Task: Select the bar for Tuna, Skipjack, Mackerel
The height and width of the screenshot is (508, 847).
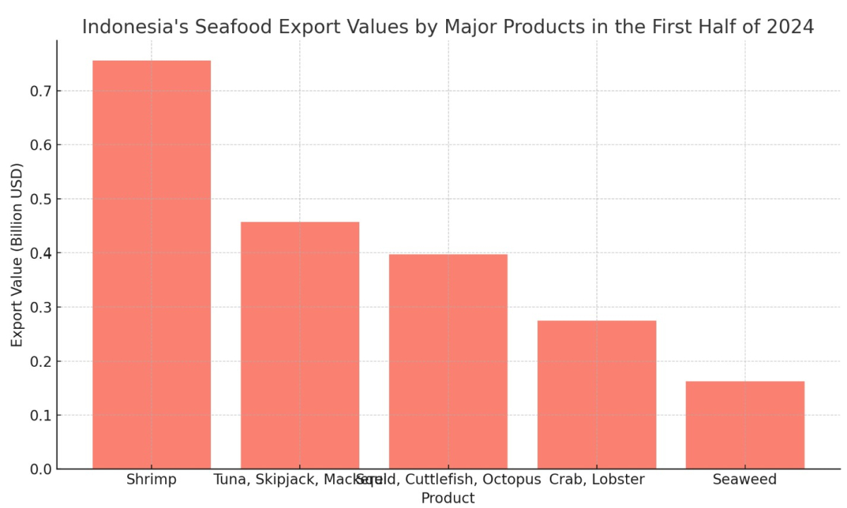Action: (300, 345)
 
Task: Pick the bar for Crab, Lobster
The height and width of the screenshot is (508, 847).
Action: (596, 394)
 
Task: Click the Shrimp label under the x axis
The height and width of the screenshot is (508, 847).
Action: (152, 480)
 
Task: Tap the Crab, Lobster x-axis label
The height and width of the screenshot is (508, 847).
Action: (596, 480)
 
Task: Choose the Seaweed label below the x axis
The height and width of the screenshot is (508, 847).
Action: (745, 480)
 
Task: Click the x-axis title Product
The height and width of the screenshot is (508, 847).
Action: (448, 498)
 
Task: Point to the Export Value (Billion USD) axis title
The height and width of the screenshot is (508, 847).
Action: (17, 255)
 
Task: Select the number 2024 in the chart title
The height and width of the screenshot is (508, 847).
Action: (790, 28)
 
